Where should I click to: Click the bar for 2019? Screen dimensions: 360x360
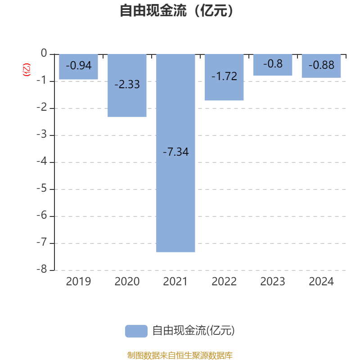78,67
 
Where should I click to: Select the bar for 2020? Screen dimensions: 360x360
127,85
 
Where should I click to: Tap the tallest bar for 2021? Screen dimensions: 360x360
175,153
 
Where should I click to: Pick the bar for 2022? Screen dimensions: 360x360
224,77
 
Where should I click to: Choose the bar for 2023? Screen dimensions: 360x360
273,65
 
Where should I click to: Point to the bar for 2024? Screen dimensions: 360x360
321,66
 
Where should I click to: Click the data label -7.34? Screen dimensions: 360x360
175,152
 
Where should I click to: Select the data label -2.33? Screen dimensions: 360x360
127,84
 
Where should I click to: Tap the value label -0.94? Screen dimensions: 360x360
78,65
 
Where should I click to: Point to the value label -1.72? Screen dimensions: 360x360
224,76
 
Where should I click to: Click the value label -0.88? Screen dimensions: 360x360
321,65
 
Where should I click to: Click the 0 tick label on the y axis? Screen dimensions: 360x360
44,53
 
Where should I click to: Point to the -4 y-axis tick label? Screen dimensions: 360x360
42,161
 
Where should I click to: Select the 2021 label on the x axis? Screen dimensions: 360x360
175,282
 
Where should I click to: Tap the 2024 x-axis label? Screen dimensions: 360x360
321,282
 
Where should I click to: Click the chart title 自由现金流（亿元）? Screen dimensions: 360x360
177,10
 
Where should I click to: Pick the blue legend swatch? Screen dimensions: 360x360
136,331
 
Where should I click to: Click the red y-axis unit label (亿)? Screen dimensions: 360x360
27,70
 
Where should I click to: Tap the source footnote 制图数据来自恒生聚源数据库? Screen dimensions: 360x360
180,355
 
